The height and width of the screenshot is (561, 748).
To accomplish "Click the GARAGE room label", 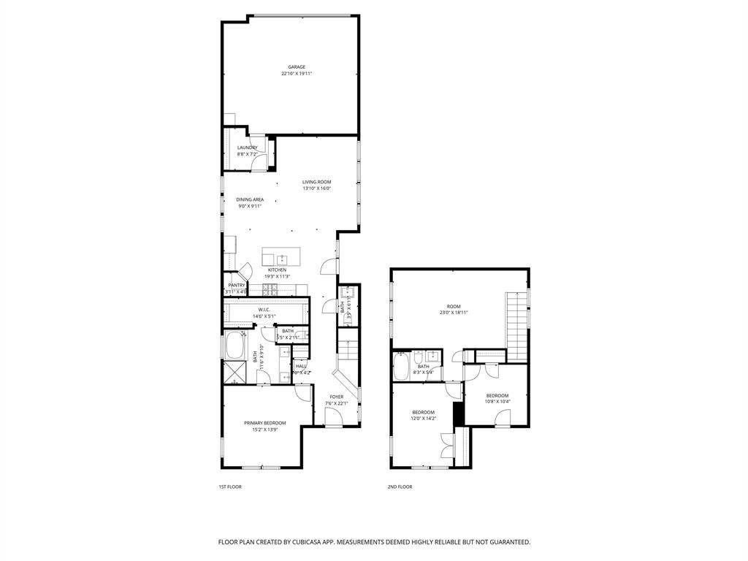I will [x=296, y=67].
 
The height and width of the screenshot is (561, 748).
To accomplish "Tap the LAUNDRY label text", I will [x=247, y=148].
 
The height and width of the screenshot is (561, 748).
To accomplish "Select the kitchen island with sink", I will [x=281, y=258].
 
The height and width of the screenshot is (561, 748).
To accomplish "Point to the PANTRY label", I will [x=236, y=286].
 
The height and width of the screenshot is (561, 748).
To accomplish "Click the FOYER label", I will [x=336, y=397].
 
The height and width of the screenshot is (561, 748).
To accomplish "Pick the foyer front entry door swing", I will [x=332, y=419].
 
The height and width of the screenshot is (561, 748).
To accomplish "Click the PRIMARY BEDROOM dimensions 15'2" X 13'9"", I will [x=264, y=430].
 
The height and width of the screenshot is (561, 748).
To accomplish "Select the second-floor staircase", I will [x=517, y=325].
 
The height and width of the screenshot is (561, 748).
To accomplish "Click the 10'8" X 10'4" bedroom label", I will [x=497, y=401].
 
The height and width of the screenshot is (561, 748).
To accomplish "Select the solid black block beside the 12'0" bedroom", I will [x=458, y=413].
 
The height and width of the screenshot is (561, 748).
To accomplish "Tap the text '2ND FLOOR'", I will [x=400, y=486].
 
